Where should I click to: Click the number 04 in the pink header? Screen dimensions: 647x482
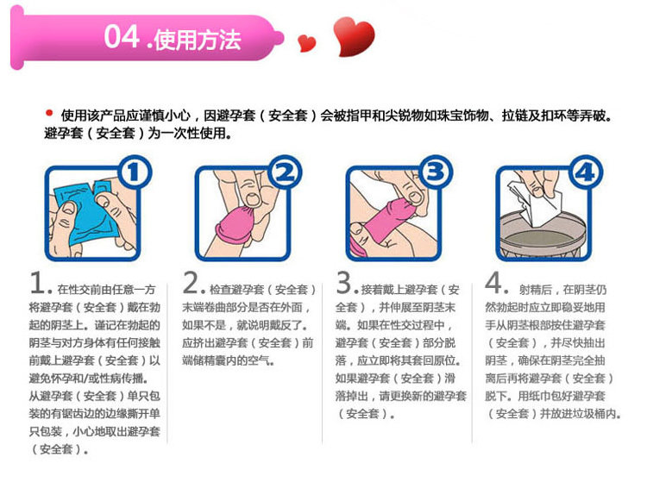(x=121, y=37)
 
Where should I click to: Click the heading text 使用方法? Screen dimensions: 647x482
(x=198, y=40)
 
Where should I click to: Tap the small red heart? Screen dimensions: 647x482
(x=306, y=43)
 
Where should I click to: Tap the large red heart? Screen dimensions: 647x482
(x=354, y=36)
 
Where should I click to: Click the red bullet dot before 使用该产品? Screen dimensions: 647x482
(x=49, y=113)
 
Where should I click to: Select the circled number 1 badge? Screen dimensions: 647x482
(x=135, y=172)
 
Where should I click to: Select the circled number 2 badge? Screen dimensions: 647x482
(x=285, y=172)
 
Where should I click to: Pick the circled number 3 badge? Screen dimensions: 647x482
(x=436, y=172)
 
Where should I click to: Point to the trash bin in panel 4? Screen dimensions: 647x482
(x=543, y=236)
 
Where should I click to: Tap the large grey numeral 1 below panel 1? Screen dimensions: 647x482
(x=38, y=284)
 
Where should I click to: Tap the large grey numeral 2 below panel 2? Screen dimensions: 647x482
(x=192, y=283)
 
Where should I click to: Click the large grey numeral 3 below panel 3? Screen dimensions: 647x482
(x=344, y=283)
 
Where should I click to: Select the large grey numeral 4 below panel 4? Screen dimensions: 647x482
(x=494, y=283)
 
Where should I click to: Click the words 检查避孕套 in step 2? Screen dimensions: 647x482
(x=236, y=290)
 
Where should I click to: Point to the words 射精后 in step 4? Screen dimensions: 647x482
(x=536, y=290)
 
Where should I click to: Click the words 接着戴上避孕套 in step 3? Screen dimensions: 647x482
(x=399, y=290)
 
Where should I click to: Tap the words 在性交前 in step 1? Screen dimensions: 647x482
(x=79, y=290)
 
